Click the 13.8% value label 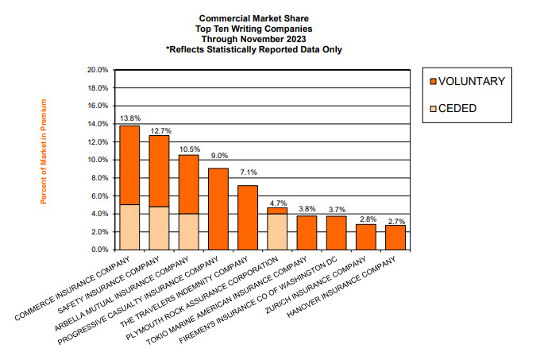pos(129,118)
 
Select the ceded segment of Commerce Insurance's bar pos(129,226)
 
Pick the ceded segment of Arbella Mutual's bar pos(189,231)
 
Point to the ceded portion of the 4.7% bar pos(277,231)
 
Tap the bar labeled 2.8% pos(365,236)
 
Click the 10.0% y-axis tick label pos(97,160)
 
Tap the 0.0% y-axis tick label pos(99,250)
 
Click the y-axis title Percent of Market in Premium pos(44,151)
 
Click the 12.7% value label pos(160,130)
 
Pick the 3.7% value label pos(336,210)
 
